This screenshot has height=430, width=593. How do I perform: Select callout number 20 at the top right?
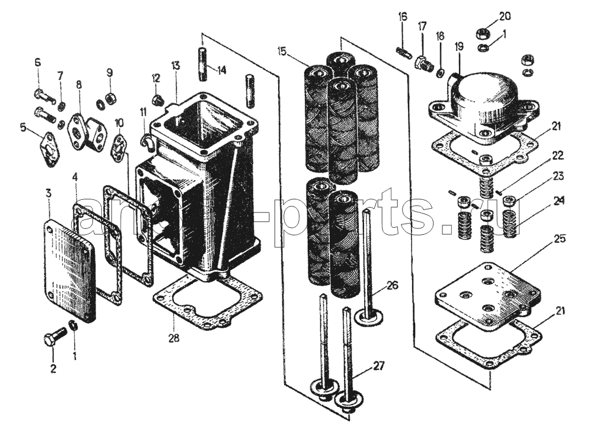point(504,15)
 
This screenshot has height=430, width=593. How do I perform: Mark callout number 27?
point(378,365)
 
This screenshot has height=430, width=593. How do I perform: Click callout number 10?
point(119,122)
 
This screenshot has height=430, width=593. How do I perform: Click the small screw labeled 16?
point(404,52)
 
